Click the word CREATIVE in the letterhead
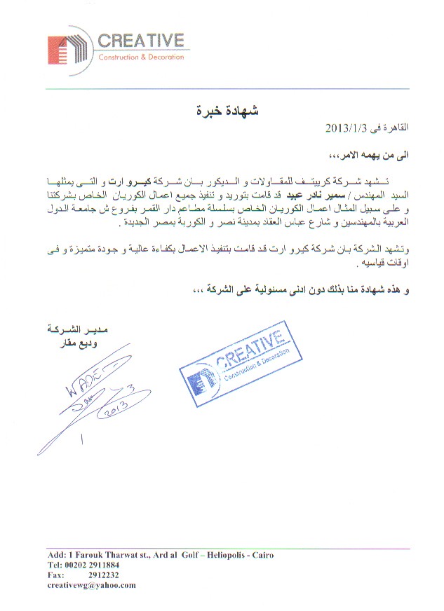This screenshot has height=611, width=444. pos(140,41)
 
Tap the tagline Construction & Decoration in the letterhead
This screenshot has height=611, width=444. pos(141,57)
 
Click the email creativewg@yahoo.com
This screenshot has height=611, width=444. pos(92,585)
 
